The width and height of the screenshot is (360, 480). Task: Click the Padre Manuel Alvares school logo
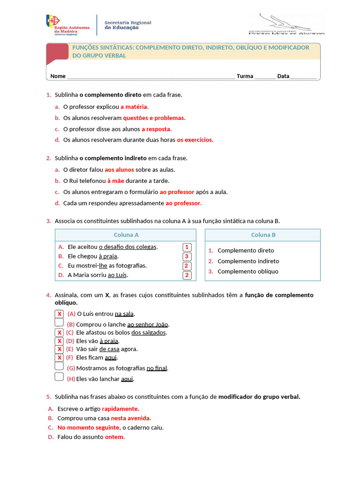pos(285,24)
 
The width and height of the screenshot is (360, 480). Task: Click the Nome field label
pos(58,76)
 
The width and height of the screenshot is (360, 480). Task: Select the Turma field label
pos(245,76)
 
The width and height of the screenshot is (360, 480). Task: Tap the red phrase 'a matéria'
pos(134,106)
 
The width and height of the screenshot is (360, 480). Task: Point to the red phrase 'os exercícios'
pos(194,140)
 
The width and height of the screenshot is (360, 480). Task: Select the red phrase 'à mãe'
pos(115,181)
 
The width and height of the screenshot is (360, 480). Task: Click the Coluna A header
pos(126,235)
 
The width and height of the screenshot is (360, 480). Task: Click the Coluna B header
pos(263,235)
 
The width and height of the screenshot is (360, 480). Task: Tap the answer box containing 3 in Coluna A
pos(187,256)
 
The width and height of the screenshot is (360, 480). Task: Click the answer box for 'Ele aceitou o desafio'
pos(187,247)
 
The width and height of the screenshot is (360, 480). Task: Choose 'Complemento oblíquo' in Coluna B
pos(247,271)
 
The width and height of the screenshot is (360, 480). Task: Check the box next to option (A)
pos(59,314)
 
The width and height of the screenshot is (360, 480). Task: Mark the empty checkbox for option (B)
pos(59,322)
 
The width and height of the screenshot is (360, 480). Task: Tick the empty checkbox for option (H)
pos(59,376)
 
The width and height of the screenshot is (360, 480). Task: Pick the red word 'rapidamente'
pos(120,409)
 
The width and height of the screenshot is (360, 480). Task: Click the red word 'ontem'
pos(114,437)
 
